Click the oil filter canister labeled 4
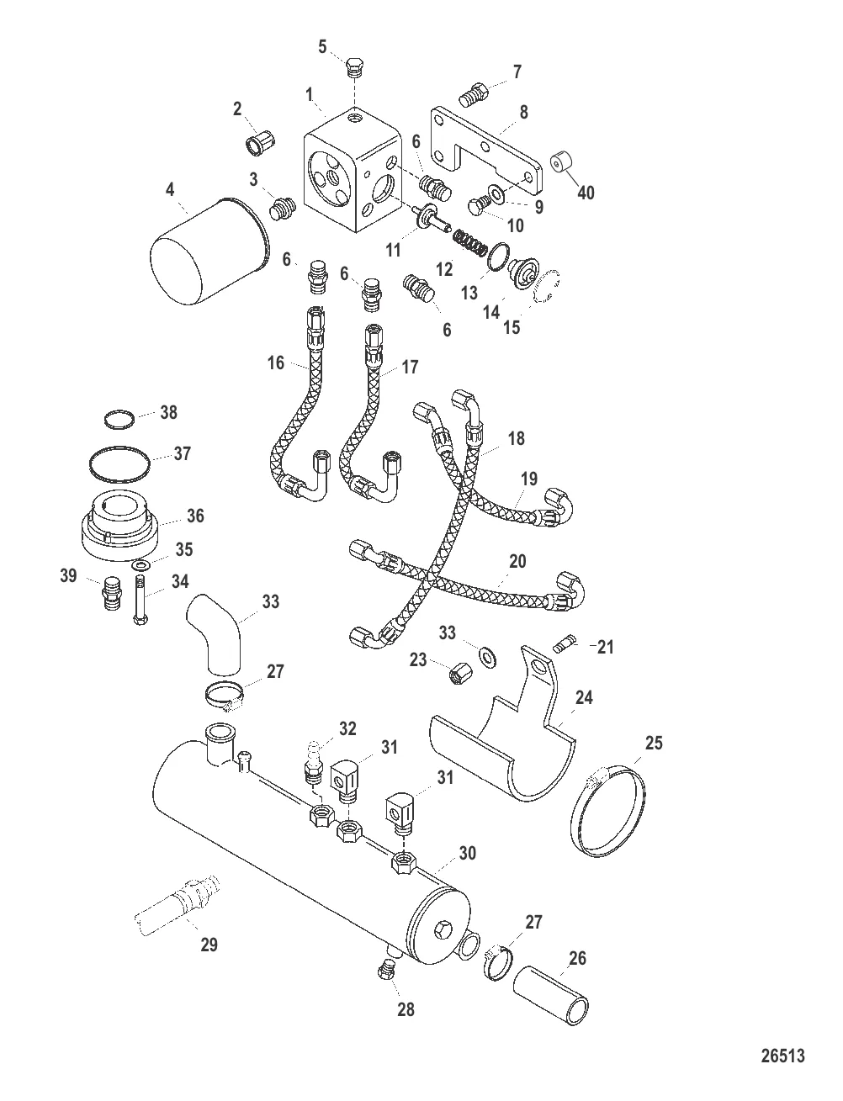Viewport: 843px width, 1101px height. (x=210, y=251)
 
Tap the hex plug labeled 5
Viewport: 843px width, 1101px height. (x=353, y=68)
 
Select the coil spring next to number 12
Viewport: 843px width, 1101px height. (x=470, y=241)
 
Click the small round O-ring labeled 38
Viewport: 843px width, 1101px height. (x=120, y=420)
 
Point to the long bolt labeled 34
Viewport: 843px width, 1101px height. (x=140, y=600)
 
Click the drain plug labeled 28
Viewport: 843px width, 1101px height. (x=386, y=969)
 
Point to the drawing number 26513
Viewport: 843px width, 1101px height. (x=782, y=1056)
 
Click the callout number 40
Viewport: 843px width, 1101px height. (x=586, y=193)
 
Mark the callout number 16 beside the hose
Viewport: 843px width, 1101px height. (x=276, y=363)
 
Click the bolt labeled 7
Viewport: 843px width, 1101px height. (x=475, y=95)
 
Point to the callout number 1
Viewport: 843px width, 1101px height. (x=309, y=93)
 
